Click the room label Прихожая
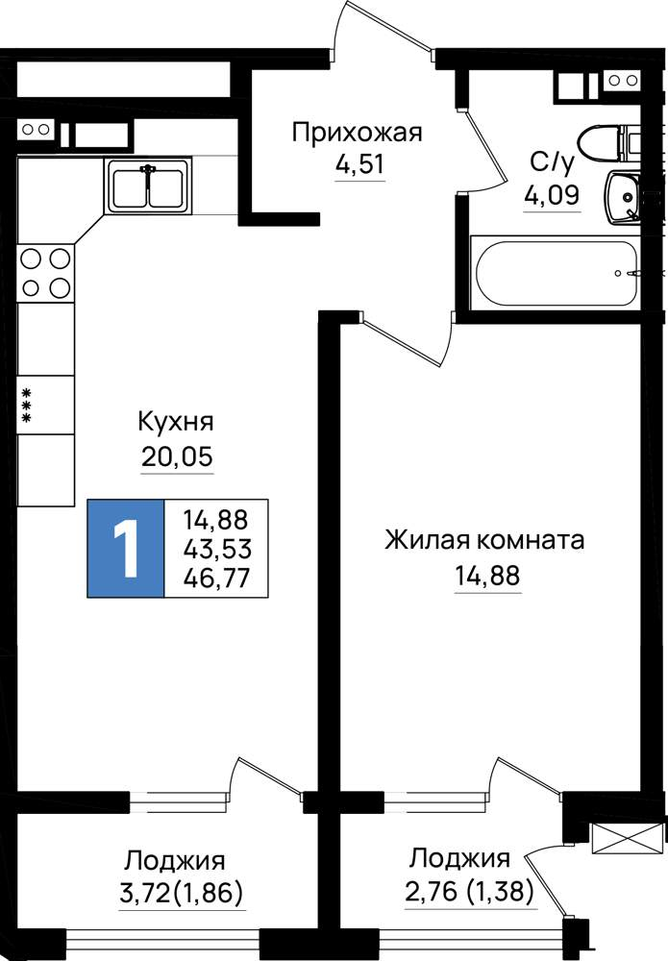pyautogui.click(x=357, y=133)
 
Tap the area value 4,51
pyautogui.click(x=359, y=164)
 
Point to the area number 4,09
pyautogui.click(x=551, y=195)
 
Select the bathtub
pyautogui.click(x=556, y=273)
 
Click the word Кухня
pyautogui.click(x=176, y=422)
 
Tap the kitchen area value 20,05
pyautogui.click(x=177, y=456)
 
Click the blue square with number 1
pyautogui.click(x=126, y=549)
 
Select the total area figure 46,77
pyautogui.click(x=217, y=578)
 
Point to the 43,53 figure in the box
pyautogui.click(x=217, y=549)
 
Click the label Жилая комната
pyautogui.click(x=484, y=540)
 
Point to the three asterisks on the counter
pyautogui.click(x=26, y=406)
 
